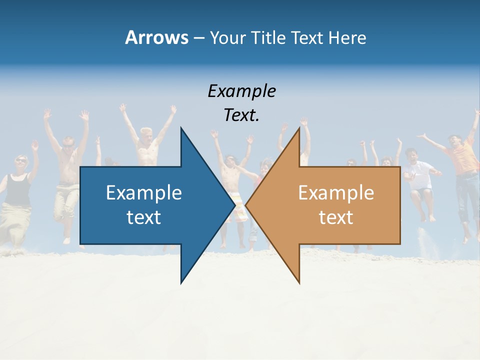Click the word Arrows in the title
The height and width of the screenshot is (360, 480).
(x=156, y=37)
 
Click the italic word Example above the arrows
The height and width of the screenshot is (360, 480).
(x=241, y=91)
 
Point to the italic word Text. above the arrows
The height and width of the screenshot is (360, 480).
(x=241, y=115)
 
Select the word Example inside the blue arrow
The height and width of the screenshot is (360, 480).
(x=144, y=192)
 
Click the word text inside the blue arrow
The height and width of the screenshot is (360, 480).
(x=144, y=217)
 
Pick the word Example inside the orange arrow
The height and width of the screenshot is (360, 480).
(x=336, y=192)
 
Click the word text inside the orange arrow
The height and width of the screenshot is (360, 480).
(x=336, y=217)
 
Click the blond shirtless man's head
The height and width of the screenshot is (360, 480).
(x=146, y=135)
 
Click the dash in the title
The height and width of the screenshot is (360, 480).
(x=198, y=38)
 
